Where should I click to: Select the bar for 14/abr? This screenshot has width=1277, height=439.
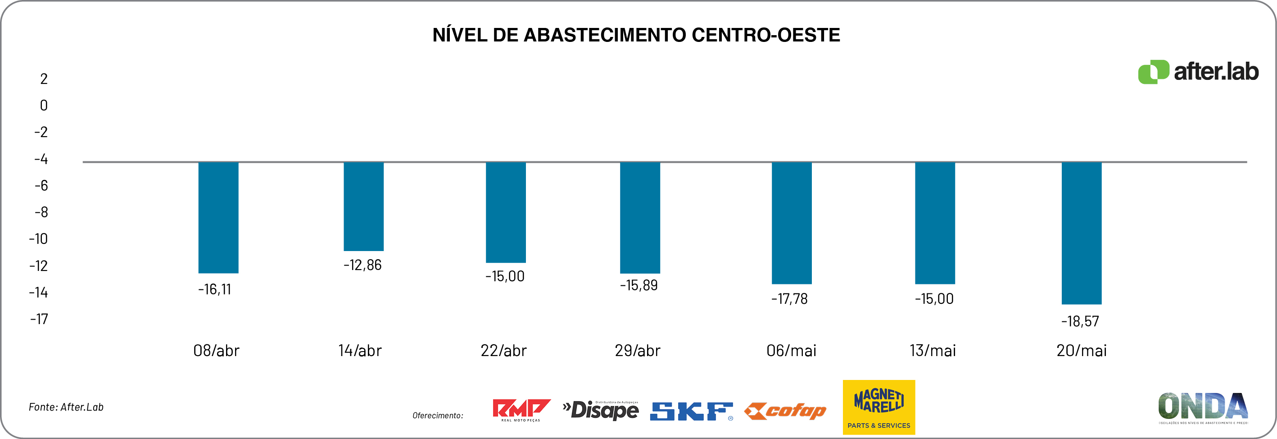click(x=363, y=206)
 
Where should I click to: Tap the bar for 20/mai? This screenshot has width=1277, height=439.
click(x=1081, y=233)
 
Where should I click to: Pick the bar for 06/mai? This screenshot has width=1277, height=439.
click(x=791, y=223)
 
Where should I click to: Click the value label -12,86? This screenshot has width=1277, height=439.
click(x=362, y=265)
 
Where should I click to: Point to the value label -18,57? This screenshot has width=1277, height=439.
click(x=1080, y=321)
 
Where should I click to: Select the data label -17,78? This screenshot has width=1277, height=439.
click(x=789, y=299)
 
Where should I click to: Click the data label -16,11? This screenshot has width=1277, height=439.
click(x=215, y=289)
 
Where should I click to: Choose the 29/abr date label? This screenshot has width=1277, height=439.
click(x=638, y=351)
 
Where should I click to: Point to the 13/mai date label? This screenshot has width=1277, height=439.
click(x=933, y=351)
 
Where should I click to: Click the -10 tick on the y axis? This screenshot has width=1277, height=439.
click(x=38, y=239)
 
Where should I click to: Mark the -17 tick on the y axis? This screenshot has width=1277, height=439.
click(x=39, y=319)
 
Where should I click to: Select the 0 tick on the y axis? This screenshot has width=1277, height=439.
click(x=44, y=105)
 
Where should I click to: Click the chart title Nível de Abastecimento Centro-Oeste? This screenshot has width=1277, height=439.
click(x=636, y=35)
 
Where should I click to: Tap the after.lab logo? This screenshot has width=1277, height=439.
click(x=1198, y=72)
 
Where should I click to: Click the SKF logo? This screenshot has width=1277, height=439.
click(x=691, y=411)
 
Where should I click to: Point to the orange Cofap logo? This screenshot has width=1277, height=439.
click(x=785, y=411)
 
